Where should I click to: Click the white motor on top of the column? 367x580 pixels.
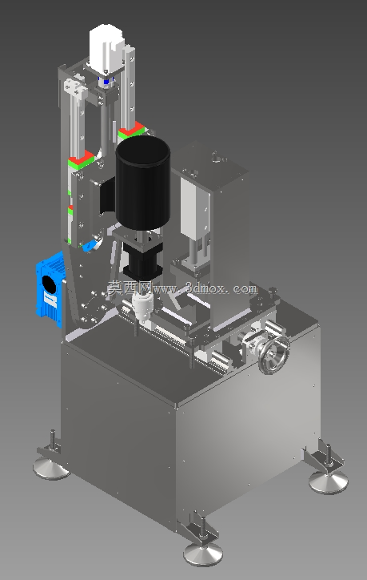(x=106, y=47)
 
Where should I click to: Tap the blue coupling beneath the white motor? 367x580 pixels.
(x=106, y=81)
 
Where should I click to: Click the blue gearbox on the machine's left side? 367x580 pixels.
(x=50, y=289)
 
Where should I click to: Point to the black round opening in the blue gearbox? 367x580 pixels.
(x=49, y=285)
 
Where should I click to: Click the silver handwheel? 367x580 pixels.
(x=273, y=355)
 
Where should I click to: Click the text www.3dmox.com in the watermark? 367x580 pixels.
(x=204, y=288)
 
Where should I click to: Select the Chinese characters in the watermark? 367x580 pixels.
(x=130, y=287)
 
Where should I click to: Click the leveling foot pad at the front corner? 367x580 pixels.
(x=203, y=554)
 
